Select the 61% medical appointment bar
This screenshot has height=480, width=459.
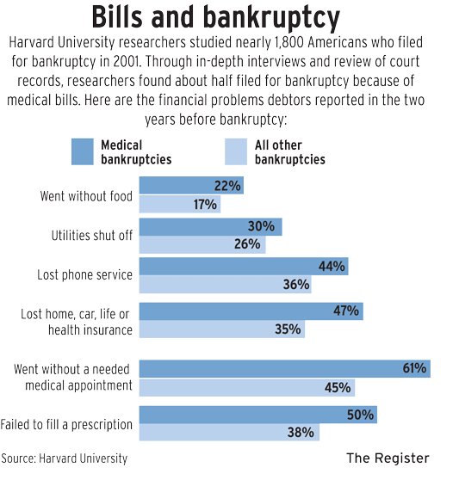(284, 369)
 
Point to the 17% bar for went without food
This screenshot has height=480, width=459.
(179, 205)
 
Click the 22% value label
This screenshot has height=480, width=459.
(227, 186)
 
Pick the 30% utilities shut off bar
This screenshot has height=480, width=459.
(210, 227)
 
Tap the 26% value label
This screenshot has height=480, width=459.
(246, 244)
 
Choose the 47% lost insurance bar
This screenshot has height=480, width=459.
(250, 311)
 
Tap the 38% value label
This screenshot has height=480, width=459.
(300, 433)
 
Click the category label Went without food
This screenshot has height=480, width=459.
(86, 196)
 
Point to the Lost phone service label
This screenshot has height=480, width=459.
(84, 275)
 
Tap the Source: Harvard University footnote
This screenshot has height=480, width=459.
(65, 458)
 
